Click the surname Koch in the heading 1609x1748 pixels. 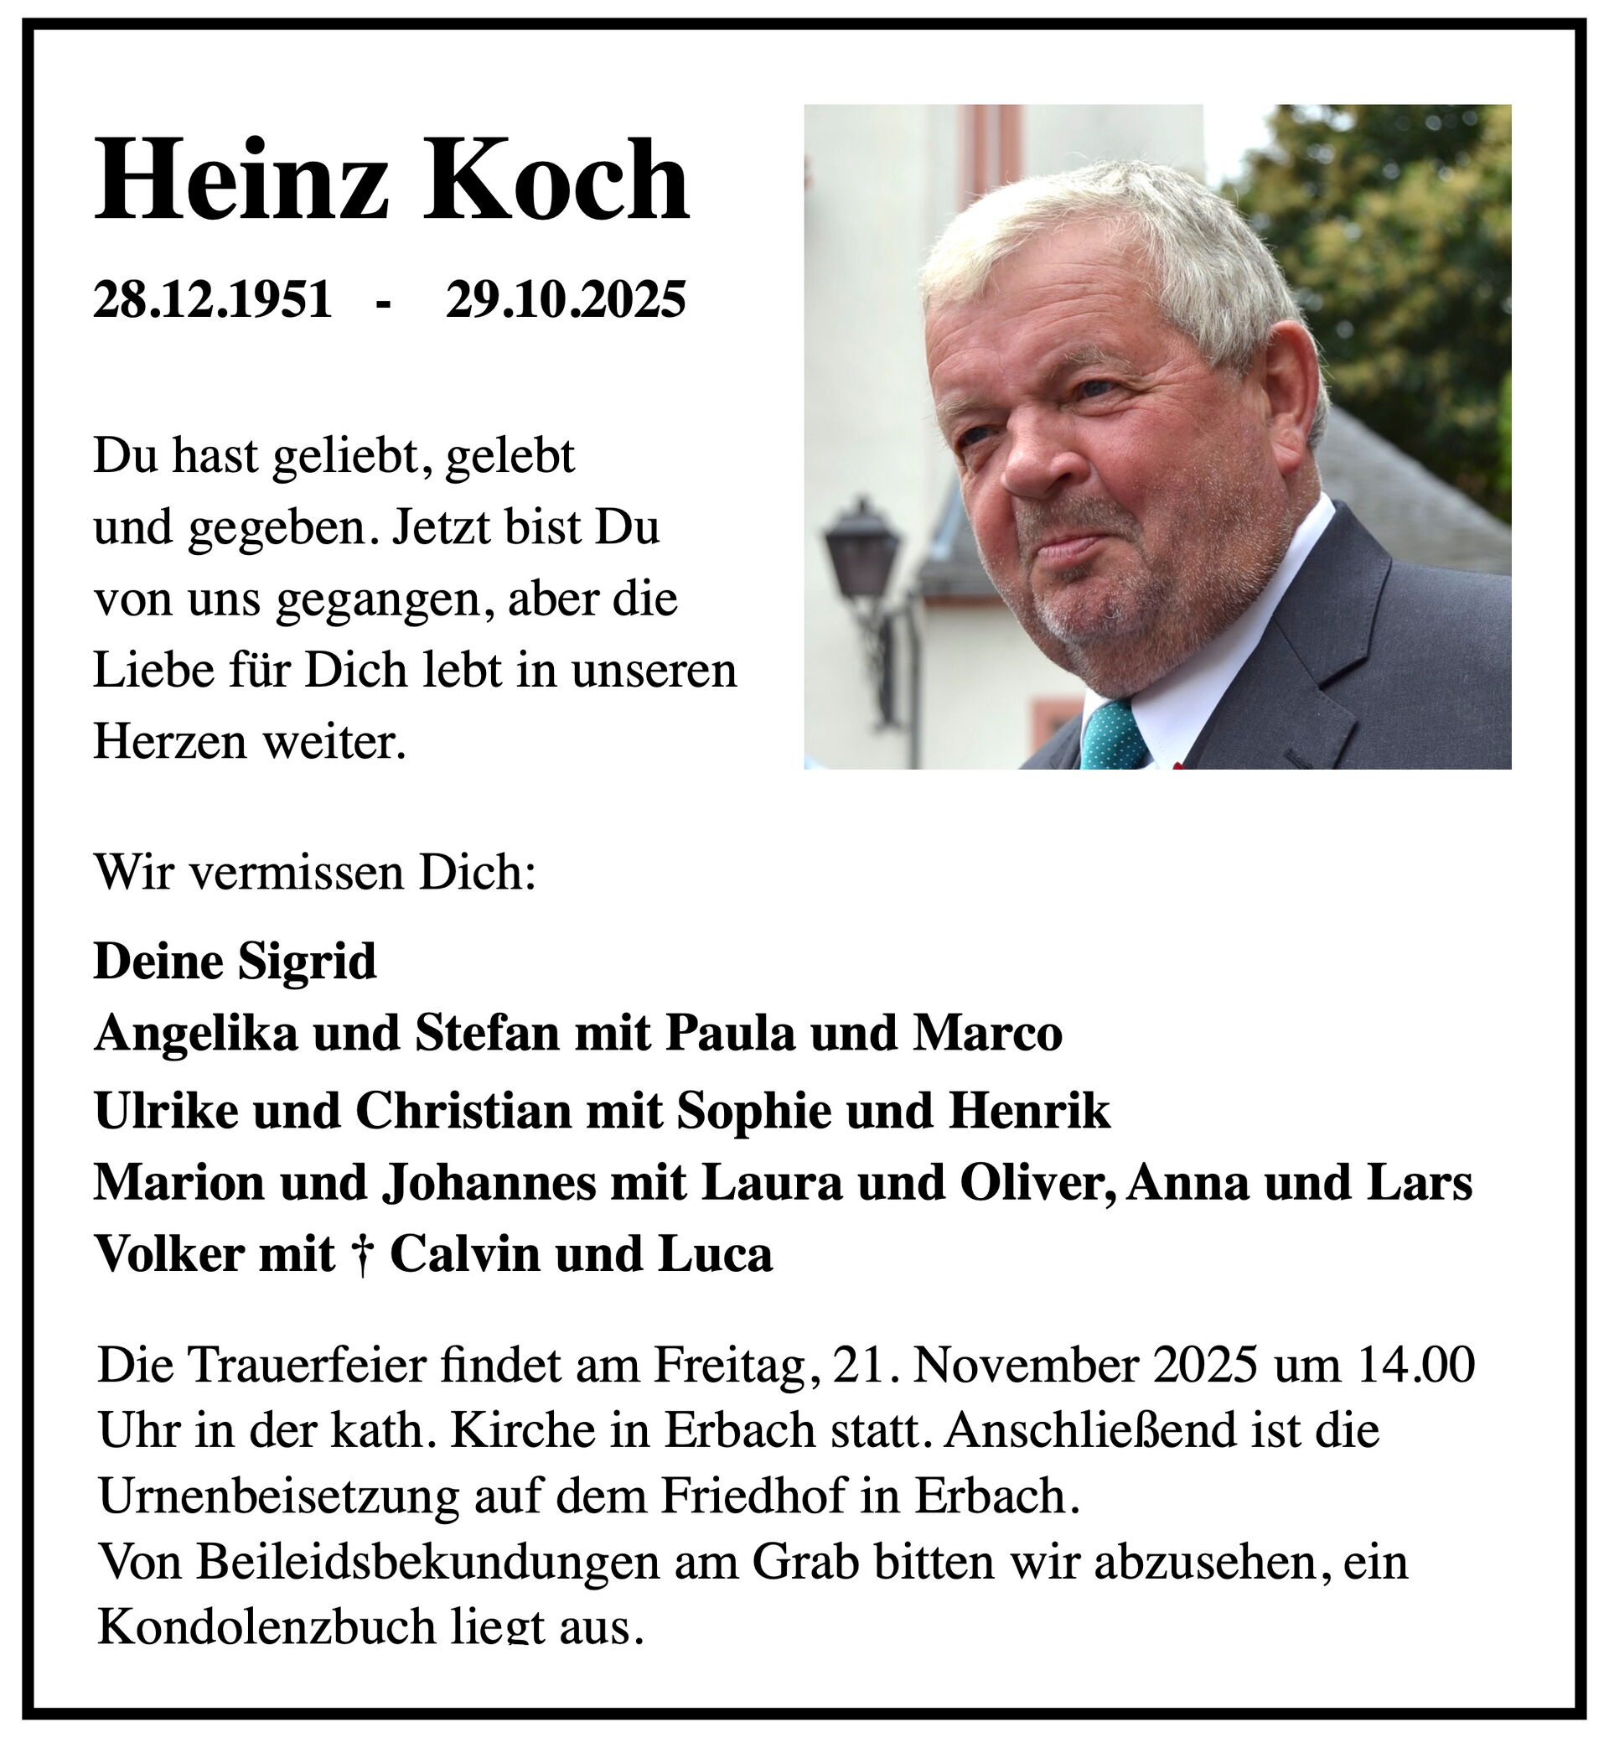point(557,180)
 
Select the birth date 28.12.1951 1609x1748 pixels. point(214,299)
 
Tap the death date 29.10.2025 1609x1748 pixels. point(566,299)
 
